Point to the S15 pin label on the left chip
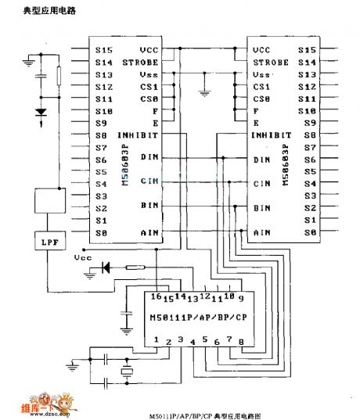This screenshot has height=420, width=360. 103,48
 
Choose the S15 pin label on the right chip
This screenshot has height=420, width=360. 308,48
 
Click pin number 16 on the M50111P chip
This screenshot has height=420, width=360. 154,298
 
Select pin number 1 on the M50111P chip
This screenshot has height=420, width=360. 157,340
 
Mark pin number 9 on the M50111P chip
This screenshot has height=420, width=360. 241,298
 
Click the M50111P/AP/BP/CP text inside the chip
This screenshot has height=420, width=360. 197,318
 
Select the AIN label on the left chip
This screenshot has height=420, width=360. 149,232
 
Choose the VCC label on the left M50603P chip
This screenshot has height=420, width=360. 149,48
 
